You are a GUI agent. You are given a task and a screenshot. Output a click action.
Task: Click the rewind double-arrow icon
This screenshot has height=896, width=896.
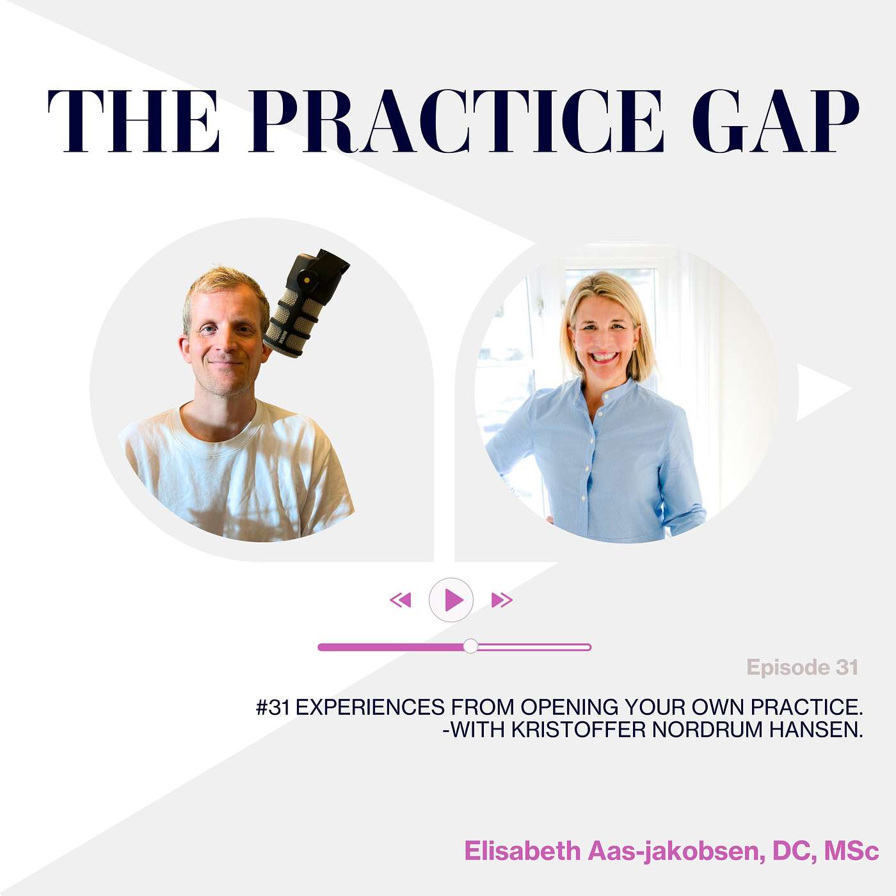pyautogui.click(x=401, y=600)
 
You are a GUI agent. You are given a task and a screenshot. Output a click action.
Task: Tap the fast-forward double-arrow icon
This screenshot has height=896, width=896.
pyautogui.click(x=502, y=600)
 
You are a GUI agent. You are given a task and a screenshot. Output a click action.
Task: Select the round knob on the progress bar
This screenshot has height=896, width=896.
pyautogui.click(x=470, y=646)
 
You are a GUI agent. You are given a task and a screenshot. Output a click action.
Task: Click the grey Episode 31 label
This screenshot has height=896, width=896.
pyautogui.click(x=802, y=668)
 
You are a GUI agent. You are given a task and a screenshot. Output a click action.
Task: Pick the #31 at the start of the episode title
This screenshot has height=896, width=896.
pyautogui.click(x=273, y=707)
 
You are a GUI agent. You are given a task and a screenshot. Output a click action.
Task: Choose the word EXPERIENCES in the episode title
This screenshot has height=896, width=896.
pyautogui.click(x=370, y=707)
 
